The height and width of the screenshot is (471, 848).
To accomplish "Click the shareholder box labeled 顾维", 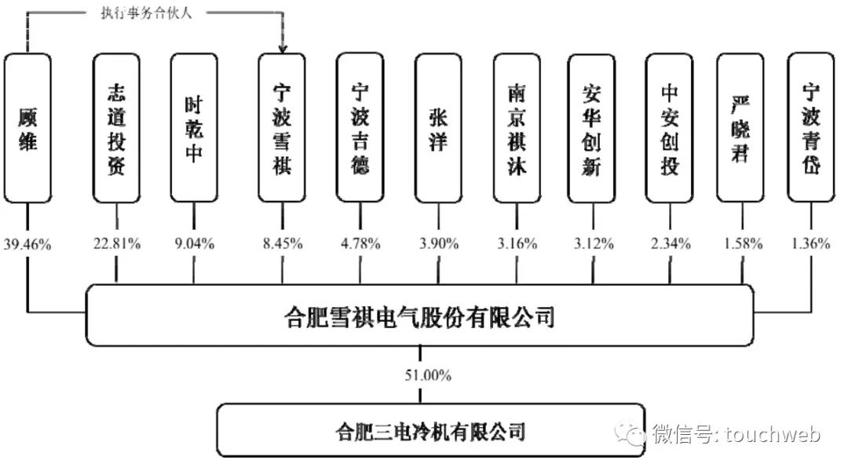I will pos(27,127).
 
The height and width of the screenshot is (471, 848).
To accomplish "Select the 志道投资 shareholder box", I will pos(116,127).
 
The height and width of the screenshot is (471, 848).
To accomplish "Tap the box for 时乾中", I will pos(193,127).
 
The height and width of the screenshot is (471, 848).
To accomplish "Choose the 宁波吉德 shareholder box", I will pos(360,127).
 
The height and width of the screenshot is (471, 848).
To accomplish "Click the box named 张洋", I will pos(438,127).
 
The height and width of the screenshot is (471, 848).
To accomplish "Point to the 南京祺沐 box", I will pos(517,127).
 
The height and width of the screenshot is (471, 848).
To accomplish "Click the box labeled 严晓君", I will pos(740,127).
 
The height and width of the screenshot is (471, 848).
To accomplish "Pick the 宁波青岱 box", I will pos(810,127).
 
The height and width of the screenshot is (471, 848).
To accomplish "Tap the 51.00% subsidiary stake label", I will pos(428,376).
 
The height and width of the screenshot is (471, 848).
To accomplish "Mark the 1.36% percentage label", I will pos(810,244).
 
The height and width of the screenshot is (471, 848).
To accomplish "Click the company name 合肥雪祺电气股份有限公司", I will pos(419,318).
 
